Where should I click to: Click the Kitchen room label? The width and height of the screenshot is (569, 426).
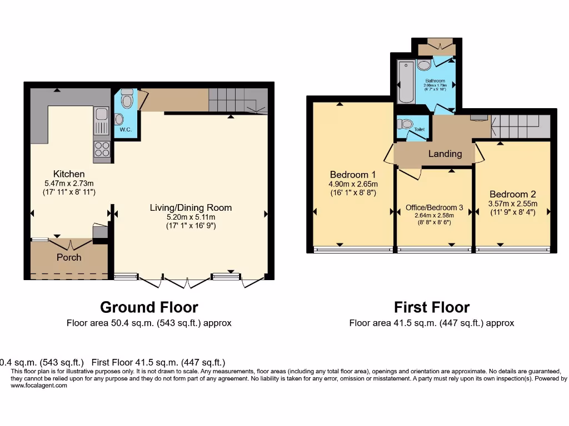[69, 174]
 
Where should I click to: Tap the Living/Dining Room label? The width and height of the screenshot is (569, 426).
[191, 207]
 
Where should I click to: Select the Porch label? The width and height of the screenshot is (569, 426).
[69, 257]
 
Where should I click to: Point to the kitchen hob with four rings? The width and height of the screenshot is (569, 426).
[102, 149]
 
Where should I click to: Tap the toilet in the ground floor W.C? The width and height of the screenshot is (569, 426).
[127, 99]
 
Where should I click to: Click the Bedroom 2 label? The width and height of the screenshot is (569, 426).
[512, 194]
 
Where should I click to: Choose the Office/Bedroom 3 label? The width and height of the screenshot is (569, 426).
[434, 207]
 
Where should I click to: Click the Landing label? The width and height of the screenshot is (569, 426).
[445, 154]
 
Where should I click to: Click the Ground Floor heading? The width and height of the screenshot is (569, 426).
[148, 307]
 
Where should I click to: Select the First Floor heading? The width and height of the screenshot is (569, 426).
[432, 307]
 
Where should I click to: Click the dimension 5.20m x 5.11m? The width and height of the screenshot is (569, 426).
[191, 217]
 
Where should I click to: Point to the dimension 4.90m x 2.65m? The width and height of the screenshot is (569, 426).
[353, 184]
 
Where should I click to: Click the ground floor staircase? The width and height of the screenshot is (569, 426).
[236, 102]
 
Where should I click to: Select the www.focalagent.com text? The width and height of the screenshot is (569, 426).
[39, 386]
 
